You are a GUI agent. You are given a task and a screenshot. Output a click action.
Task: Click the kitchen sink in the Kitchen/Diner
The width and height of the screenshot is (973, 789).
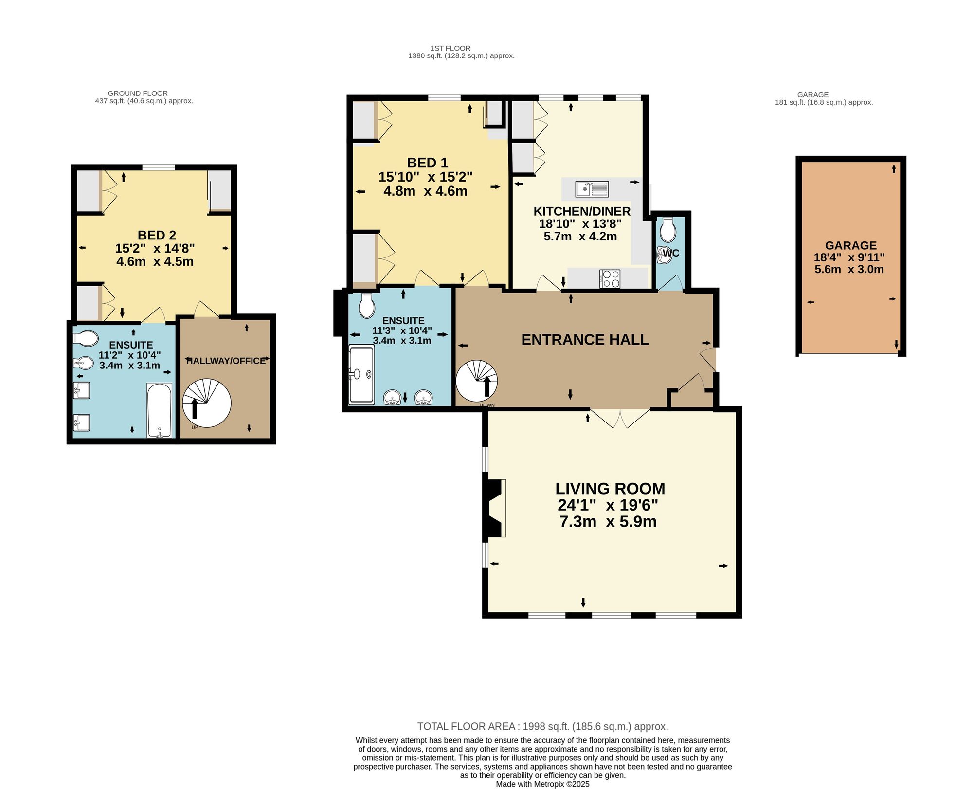(592, 189)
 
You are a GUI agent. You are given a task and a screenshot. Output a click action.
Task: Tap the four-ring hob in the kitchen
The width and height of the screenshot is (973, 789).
(610, 279)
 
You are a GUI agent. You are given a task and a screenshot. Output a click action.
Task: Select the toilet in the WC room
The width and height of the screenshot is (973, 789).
(668, 229)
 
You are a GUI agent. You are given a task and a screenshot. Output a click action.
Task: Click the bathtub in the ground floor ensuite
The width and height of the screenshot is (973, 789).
(159, 410)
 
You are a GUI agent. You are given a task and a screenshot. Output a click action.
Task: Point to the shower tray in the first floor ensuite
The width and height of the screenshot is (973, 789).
(361, 375)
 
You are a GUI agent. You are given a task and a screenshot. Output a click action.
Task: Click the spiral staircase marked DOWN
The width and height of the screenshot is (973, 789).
(477, 381)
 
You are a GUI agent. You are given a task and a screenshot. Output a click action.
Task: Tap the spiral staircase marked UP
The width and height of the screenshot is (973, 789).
(207, 404)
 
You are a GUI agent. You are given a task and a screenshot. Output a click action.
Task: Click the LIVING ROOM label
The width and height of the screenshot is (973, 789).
(610, 489)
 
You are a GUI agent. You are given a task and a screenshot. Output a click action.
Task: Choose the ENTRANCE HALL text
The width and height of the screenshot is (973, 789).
(585, 340)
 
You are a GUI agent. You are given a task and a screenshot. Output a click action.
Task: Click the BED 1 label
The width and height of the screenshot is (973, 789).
(428, 163)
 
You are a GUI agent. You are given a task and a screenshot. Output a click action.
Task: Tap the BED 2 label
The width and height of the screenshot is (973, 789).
(157, 235)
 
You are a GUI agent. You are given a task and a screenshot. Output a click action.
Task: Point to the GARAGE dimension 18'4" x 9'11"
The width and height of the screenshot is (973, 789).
(849, 257)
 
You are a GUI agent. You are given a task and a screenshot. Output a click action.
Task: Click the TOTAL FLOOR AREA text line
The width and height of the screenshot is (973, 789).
(542, 726)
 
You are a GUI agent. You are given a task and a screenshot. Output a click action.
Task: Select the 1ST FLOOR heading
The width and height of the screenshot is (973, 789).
(450, 48)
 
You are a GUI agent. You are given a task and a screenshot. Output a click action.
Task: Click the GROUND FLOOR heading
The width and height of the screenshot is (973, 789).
(138, 93)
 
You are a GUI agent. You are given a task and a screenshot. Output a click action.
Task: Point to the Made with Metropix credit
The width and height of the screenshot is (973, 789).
(542, 784)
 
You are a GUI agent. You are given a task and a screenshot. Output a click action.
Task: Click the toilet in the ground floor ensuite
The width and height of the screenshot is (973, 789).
(86, 339)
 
